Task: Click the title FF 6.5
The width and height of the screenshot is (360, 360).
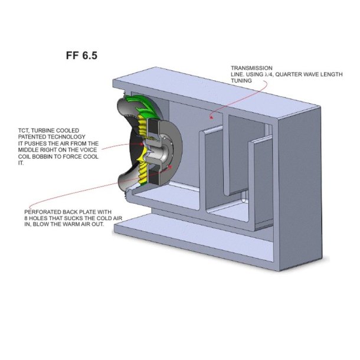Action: (x=81, y=56)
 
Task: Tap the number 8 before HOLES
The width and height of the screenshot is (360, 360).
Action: (x=27, y=218)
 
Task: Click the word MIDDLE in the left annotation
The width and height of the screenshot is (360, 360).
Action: (x=36, y=150)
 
